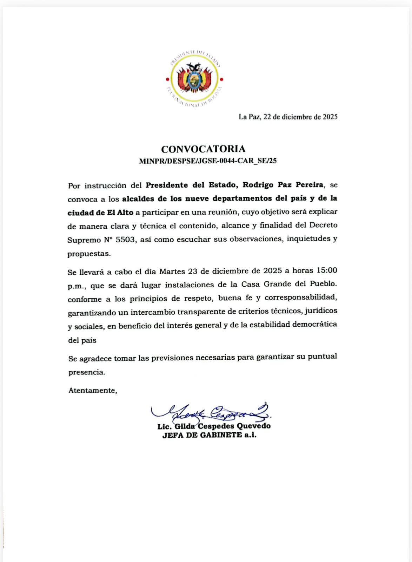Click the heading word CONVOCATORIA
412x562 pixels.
[203, 149]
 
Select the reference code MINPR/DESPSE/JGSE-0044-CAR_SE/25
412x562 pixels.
[208, 161]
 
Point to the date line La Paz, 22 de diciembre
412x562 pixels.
[288, 117]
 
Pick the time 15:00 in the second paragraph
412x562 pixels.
[326, 271]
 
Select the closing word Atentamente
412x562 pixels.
[92, 390]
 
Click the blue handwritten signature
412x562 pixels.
[211, 412]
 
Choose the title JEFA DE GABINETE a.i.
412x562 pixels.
[209, 435]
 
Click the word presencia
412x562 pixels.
[86, 372]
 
